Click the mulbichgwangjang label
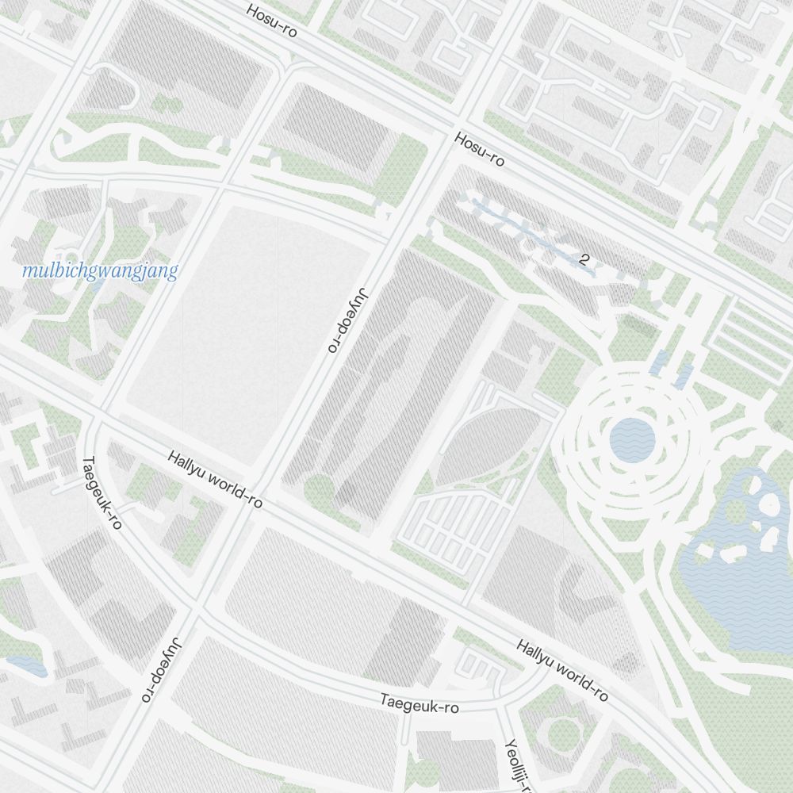(100, 271)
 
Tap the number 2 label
(585, 259)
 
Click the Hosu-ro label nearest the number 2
(480, 150)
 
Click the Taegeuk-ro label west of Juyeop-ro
(102, 492)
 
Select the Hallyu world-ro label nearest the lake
(561, 670)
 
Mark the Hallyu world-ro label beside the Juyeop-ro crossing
(215, 480)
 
